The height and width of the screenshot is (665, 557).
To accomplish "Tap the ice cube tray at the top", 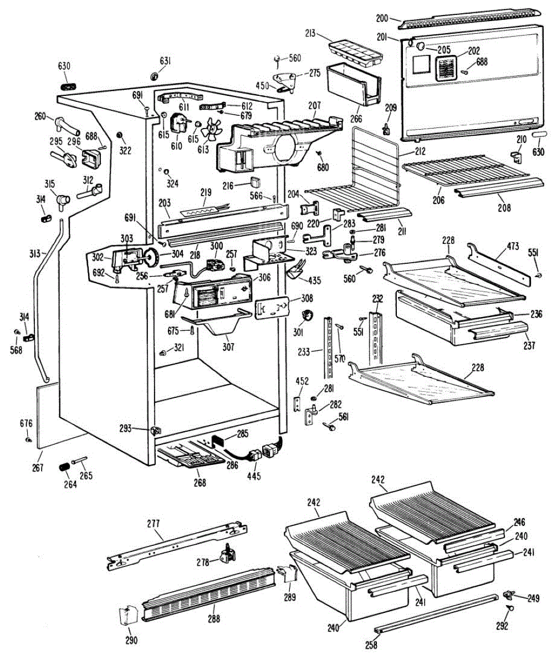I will [355, 50].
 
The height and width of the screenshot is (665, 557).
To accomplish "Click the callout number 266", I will [356, 119].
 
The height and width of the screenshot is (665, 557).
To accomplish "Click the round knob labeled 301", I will [305, 316].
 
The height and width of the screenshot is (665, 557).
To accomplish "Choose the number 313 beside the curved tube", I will [35, 253].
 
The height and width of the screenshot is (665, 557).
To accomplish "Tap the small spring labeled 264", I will [65, 467].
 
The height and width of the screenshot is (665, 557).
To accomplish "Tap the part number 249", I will [533, 598].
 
